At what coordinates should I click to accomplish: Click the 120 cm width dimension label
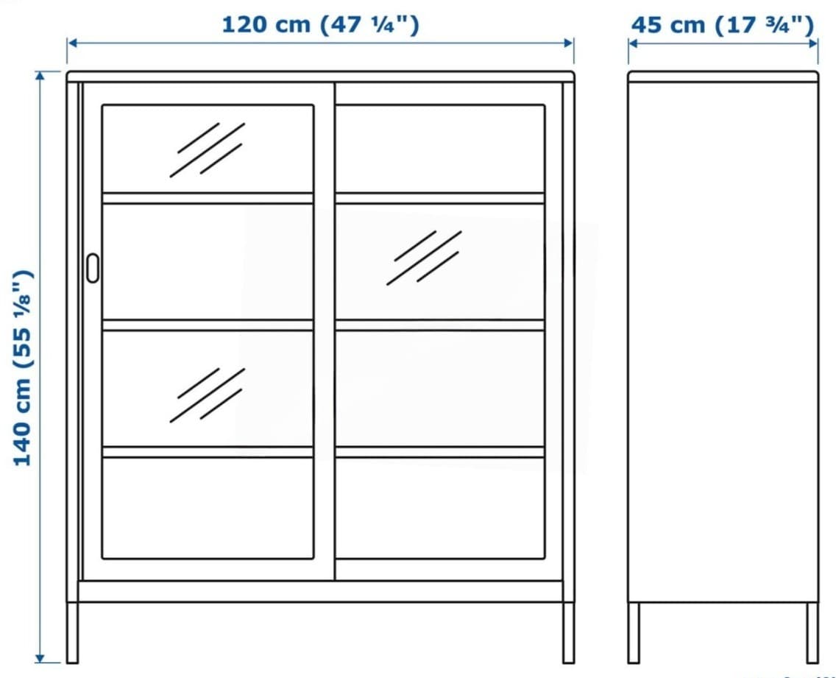320,24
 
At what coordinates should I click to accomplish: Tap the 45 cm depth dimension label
723,24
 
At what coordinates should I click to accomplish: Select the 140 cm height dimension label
23,368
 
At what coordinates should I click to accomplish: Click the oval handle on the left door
92,268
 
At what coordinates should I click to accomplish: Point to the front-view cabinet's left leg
73,632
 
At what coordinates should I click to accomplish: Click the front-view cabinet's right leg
568,632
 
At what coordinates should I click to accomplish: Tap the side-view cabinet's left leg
634,633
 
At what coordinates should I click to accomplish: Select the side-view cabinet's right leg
812,633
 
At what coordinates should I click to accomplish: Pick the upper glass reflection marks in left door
208,150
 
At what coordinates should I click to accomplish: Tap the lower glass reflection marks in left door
208,395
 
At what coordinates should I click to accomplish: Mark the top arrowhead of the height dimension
40,76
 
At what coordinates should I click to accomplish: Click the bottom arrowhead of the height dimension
40,657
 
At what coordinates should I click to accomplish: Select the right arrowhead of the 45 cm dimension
812,43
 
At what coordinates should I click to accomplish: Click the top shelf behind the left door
208,199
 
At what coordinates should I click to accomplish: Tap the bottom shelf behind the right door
440,452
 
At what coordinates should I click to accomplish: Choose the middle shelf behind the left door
208,325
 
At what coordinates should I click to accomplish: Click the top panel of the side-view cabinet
723,77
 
